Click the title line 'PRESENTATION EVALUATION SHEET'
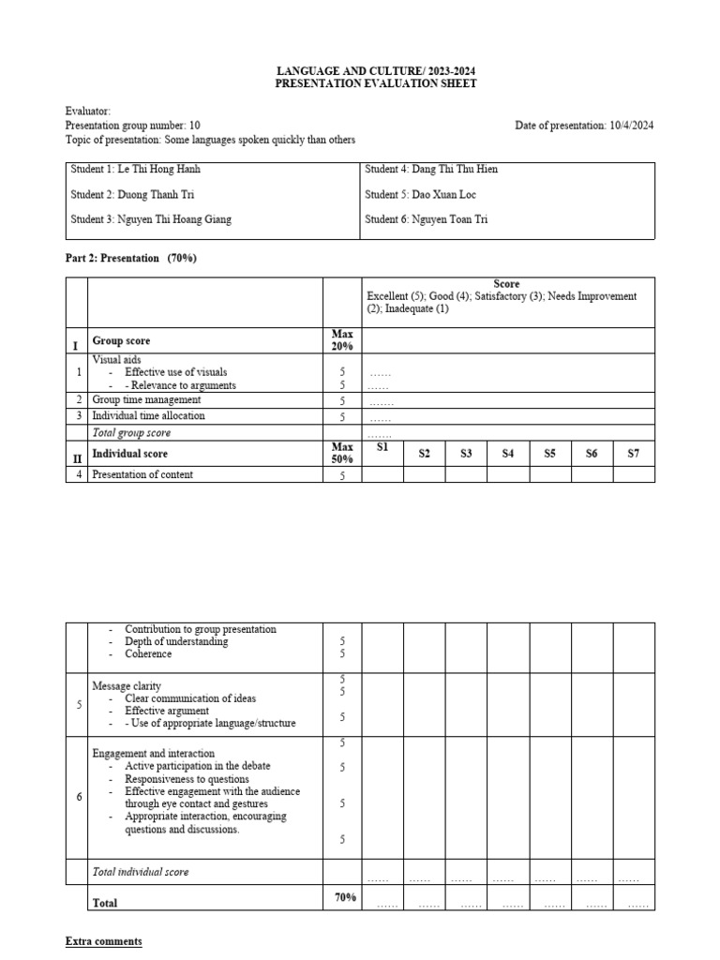click(x=375, y=84)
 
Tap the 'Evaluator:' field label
click(x=88, y=112)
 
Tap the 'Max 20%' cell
click(x=342, y=340)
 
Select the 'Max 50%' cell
click(x=342, y=453)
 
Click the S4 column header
click(x=507, y=454)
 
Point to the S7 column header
click(x=634, y=454)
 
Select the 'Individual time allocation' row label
click(x=148, y=416)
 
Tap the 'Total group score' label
click(x=131, y=433)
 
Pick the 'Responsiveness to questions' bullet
click(x=187, y=779)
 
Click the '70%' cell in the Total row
click(x=345, y=898)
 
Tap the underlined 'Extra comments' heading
click(x=103, y=941)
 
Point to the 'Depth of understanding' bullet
click(x=176, y=642)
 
